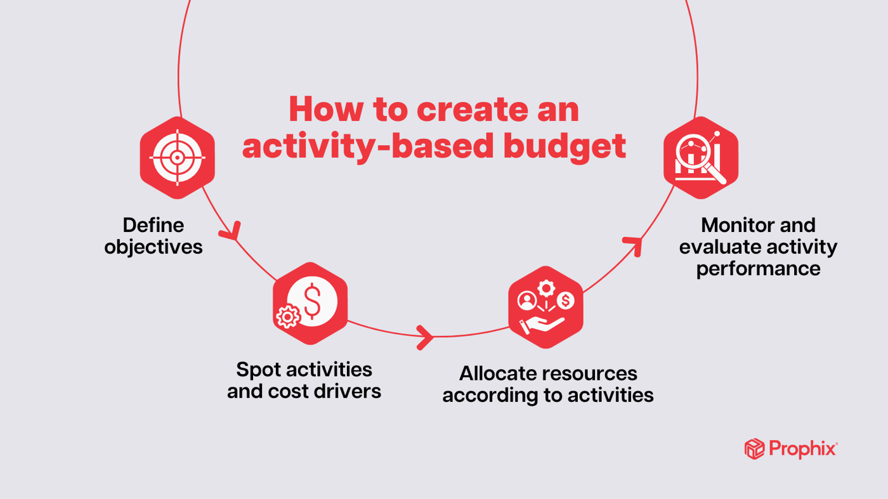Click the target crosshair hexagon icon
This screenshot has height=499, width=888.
tap(178, 158)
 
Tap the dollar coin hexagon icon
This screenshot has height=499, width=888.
tap(310, 303)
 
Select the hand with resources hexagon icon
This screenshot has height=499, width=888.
tap(545, 308)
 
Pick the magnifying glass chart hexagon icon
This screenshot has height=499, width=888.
tap(701, 158)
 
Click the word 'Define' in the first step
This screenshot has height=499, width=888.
tap(153, 225)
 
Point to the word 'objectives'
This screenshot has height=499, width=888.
tap(153, 247)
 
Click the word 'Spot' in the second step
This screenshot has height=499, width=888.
tap(259, 370)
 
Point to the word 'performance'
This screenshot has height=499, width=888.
tap(758, 268)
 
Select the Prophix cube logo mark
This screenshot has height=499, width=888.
tap(754, 449)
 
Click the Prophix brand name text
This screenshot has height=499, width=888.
tap(802, 449)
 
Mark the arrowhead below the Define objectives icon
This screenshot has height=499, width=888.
tap(231, 231)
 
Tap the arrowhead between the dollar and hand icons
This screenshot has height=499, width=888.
tap(425, 337)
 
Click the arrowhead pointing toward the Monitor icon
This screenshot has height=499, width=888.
tap(634, 244)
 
